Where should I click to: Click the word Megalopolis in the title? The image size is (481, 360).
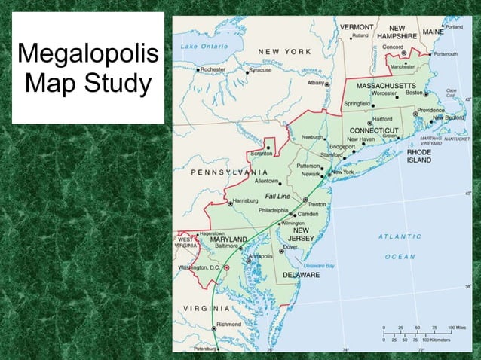coord(88,55)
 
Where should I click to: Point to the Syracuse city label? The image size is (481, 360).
coord(260,69)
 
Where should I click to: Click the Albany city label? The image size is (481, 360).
coord(315,83)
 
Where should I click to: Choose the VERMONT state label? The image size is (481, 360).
coord(357,26)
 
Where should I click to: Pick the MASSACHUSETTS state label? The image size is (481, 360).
coord(385,85)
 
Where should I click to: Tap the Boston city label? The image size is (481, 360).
coord(414,93)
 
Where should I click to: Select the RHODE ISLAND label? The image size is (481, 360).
coord(419,155)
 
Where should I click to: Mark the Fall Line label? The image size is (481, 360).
coord(277,196)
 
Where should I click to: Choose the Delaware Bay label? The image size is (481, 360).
coord(319,266)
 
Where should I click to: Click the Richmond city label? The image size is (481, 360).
coord(229,325)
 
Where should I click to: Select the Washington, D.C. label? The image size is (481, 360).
coord(198,267)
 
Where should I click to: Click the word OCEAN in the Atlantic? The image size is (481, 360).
coord(400,257)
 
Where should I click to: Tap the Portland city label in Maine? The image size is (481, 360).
coord(454,26)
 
